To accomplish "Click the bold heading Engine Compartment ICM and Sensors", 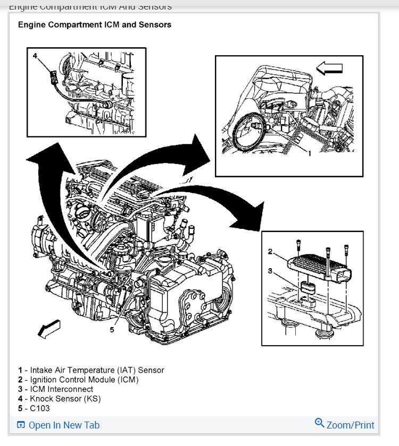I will click(94, 24).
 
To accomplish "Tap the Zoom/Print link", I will click(350, 425).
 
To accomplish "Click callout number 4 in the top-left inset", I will click(35, 55).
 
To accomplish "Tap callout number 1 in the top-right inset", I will click(309, 152).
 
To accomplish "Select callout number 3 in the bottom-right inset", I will click(270, 271).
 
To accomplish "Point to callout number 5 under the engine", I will click(112, 330).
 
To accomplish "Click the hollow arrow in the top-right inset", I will click(329, 68).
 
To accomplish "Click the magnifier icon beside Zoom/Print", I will click(319, 423).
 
